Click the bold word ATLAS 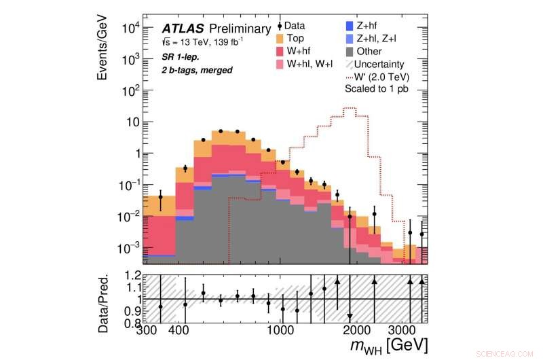pyautogui.click(x=181, y=29)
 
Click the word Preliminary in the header pyautogui.click(x=238, y=29)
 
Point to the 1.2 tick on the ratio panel pyautogui.click(x=133, y=276)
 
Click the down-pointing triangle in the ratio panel pyautogui.click(x=350, y=317)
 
